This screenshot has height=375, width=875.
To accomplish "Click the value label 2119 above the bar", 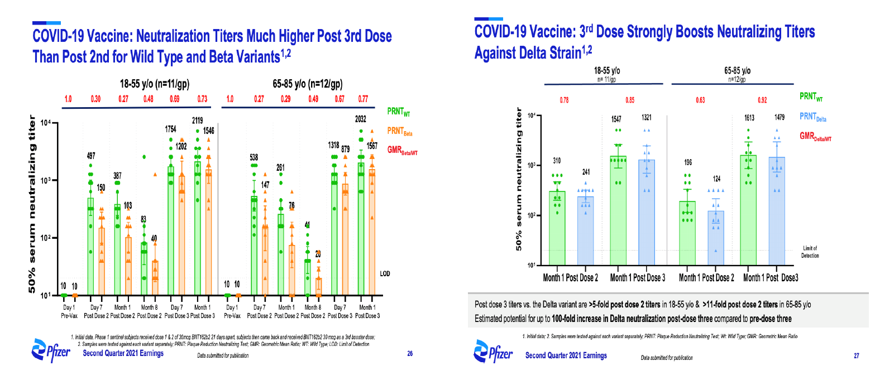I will click(198, 121).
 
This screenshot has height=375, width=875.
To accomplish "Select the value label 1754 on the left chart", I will click(171, 129).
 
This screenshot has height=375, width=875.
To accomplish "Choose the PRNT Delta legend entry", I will click(814, 117).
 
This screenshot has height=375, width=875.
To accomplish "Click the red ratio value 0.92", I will click(763, 100).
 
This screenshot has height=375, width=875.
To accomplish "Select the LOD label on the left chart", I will click(385, 273).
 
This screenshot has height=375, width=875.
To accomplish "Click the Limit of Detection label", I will click(810, 252).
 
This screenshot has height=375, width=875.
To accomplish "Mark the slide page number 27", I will click(856, 355).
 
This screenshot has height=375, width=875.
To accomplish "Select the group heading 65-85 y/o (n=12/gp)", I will click(307, 84).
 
